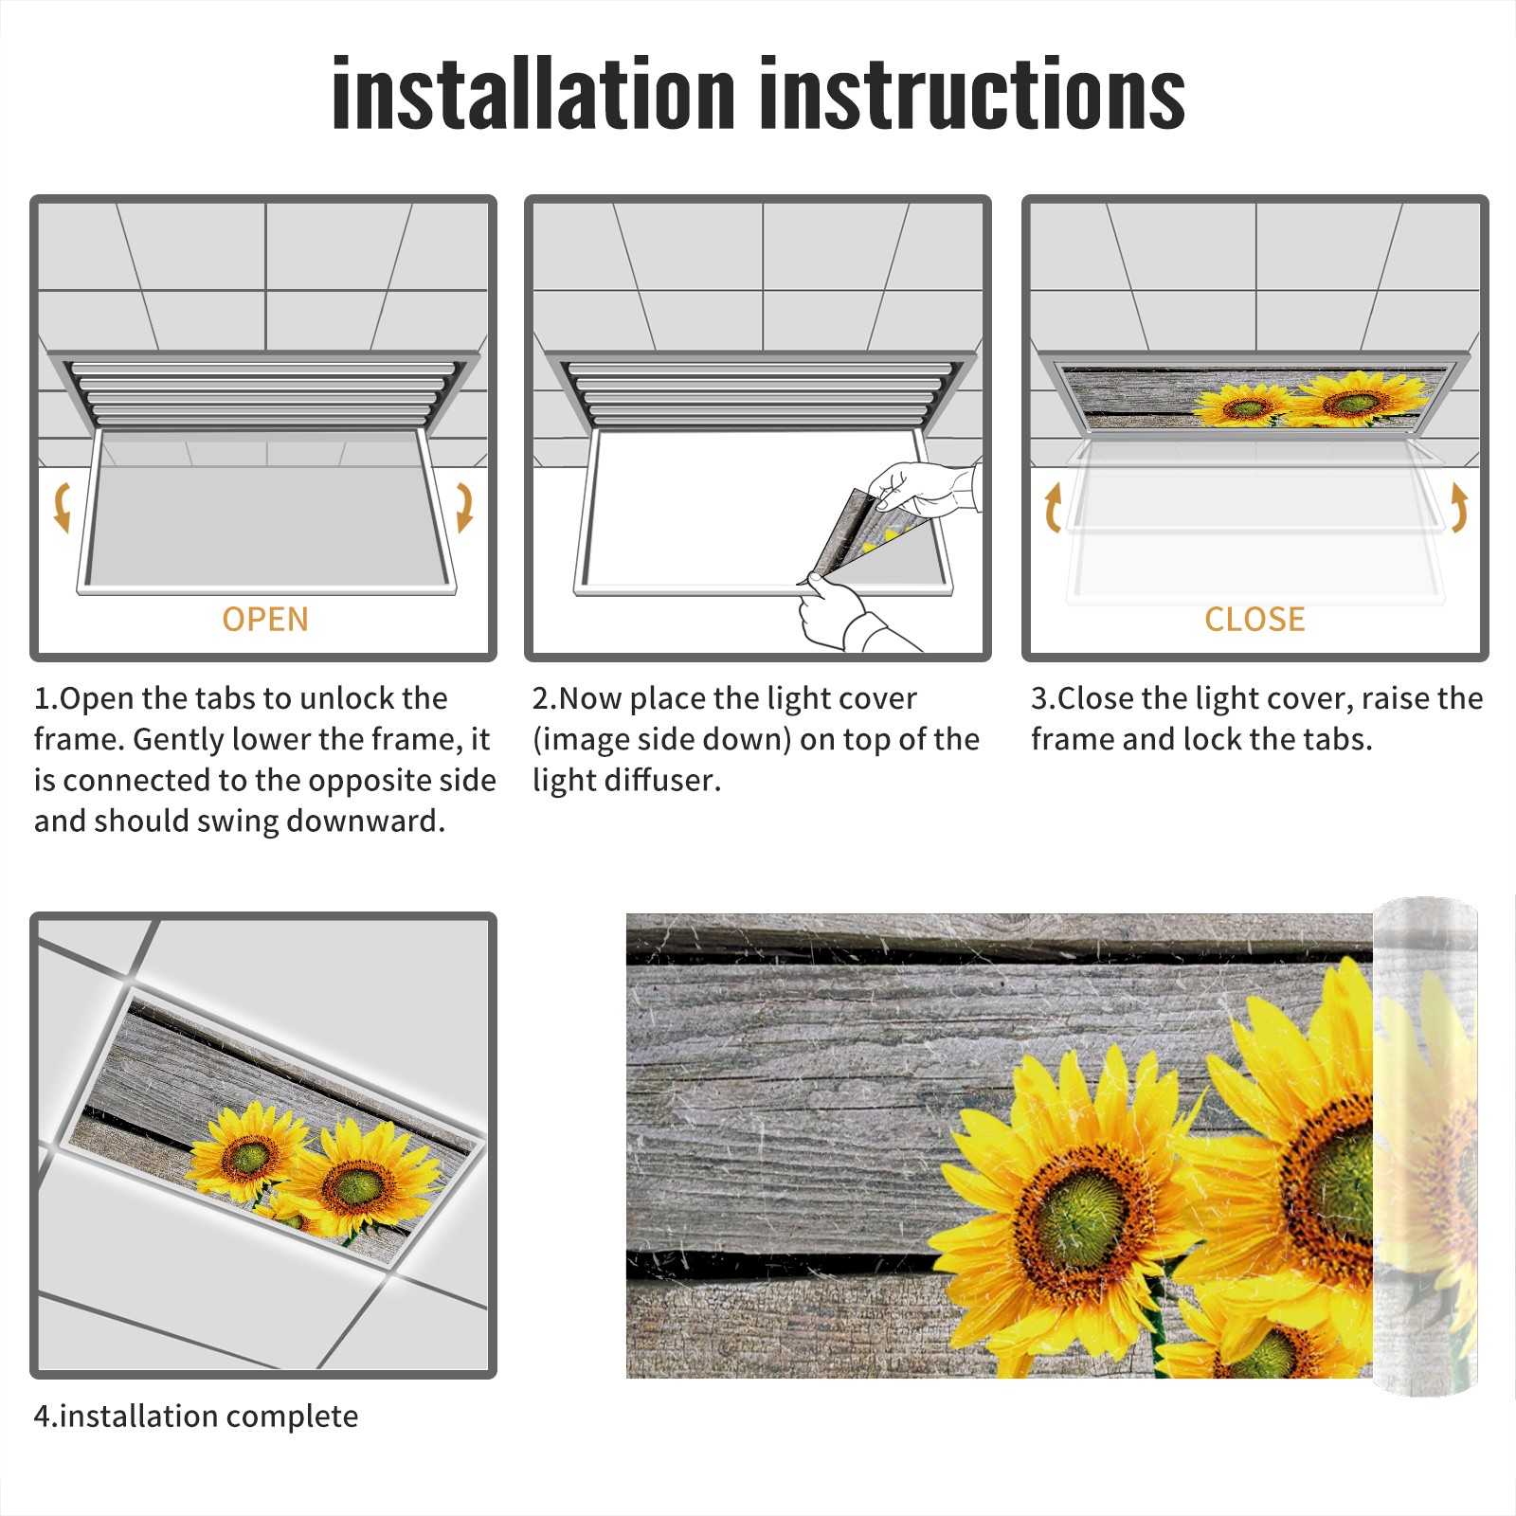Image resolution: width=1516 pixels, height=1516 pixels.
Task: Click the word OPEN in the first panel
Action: [x=265, y=620]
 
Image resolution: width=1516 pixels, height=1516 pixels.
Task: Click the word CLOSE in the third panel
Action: [x=1254, y=620]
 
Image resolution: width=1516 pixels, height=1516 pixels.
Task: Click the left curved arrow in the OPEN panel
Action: [x=63, y=507]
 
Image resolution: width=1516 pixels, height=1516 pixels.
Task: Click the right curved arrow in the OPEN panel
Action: [x=464, y=507]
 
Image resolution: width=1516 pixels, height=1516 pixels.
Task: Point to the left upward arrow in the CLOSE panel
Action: [x=1053, y=507]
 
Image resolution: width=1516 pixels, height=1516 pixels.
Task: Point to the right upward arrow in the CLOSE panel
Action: [x=1459, y=507]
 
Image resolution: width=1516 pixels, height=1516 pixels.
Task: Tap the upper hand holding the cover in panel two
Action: [x=924, y=488]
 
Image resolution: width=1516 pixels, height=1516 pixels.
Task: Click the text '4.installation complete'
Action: [x=196, y=1417]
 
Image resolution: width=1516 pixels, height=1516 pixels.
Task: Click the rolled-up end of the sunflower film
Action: [x=1425, y=1146]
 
